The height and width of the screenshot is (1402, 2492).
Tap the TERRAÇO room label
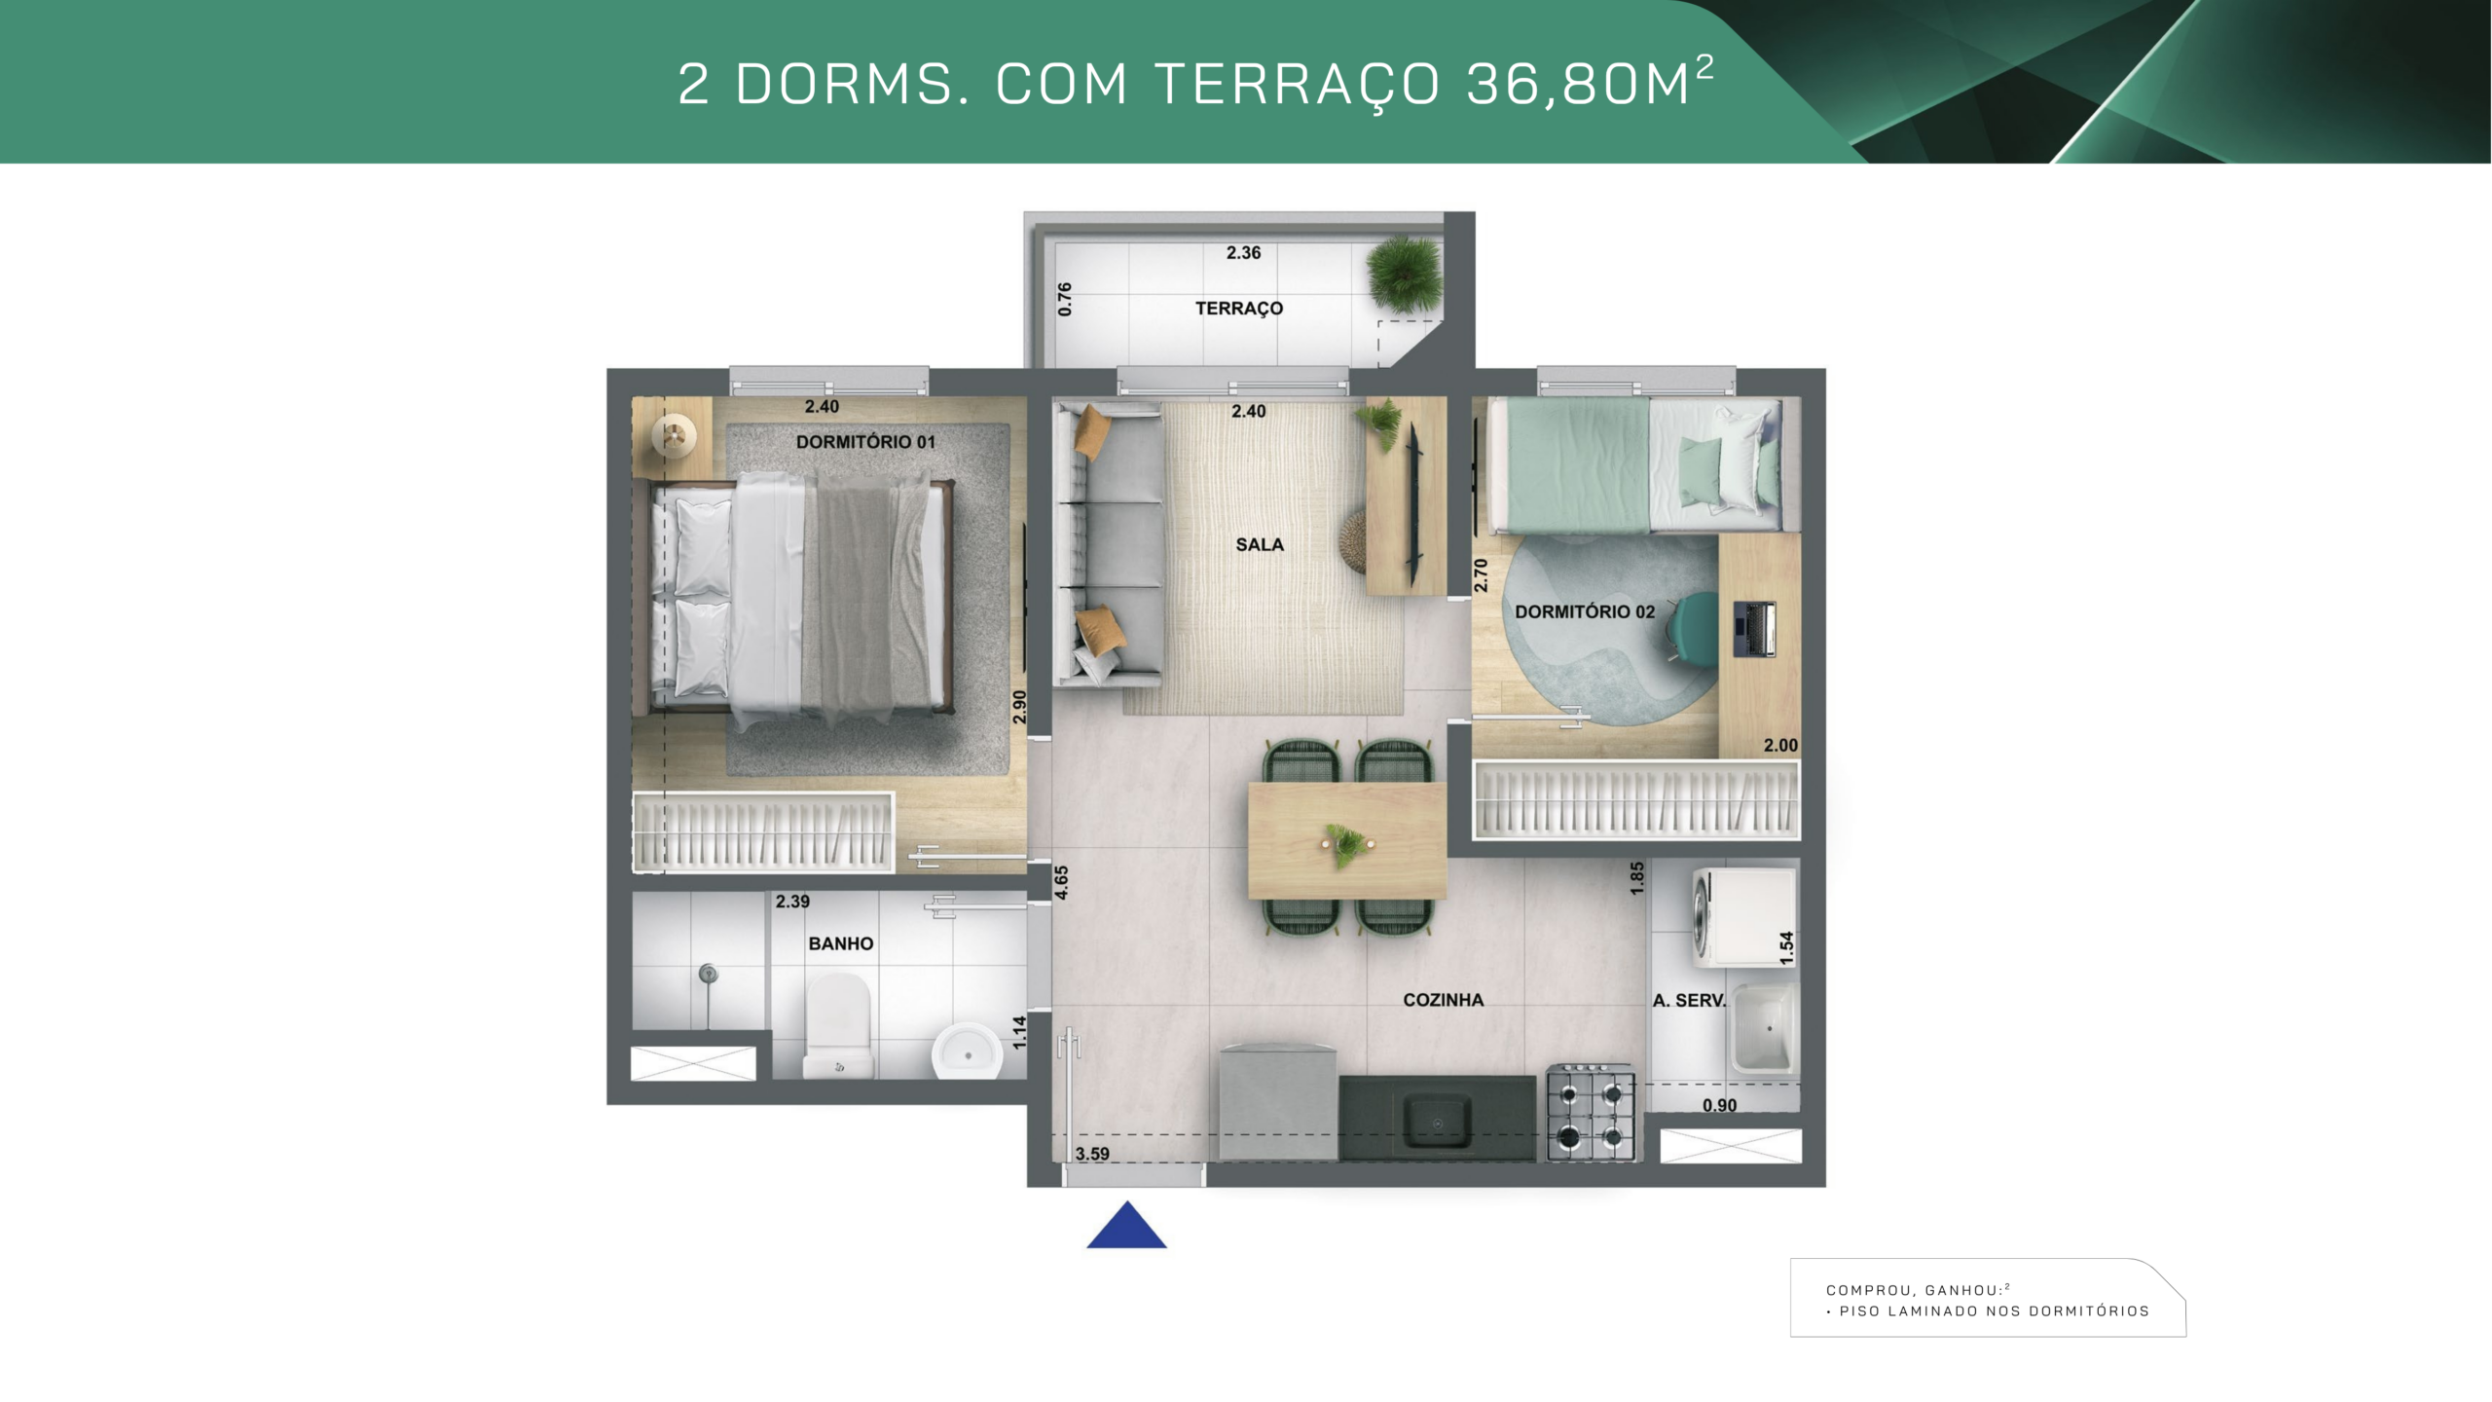pyautogui.click(x=1239, y=309)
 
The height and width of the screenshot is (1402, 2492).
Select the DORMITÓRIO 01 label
pyautogui.click(x=865, y=442)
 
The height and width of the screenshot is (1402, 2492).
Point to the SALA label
pyautogui.click(x=1260, y=545)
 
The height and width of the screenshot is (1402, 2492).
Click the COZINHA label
pyautogui.click(x=1443, y=1000)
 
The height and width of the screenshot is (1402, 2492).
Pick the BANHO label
pyautogui.click(x=841, y=943)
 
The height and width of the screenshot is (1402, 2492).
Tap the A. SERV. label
pyautogui.click(x=1689, y=1000)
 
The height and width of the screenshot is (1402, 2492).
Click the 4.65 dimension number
pyautogui.click(x=1061, y=882)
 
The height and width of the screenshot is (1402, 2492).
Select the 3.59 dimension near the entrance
pyautogui.click(x=1092, y=1154)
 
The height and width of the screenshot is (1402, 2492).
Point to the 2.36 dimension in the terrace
pyautogui.click(x=1243, y=253)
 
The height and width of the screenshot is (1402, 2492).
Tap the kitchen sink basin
pyautogui.click(x=1436, y=1118)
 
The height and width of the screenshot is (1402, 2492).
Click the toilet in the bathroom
pyautogui.click(x=838, y=1026)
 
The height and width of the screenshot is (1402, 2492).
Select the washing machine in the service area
pyautogui.click(x=1744, y=918)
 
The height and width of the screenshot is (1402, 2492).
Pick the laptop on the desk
pyautogui.click(x=1755, y=629)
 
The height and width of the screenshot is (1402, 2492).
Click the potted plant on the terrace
pyautogui.click(x=1404, y=274)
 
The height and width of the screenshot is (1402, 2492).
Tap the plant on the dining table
pyautogui.click(x=1346, y=844)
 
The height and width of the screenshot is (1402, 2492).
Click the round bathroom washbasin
pyautogui.click(x=967, y=1051)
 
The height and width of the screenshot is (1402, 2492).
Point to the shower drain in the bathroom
pyautogui.click(x=709, y=972)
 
